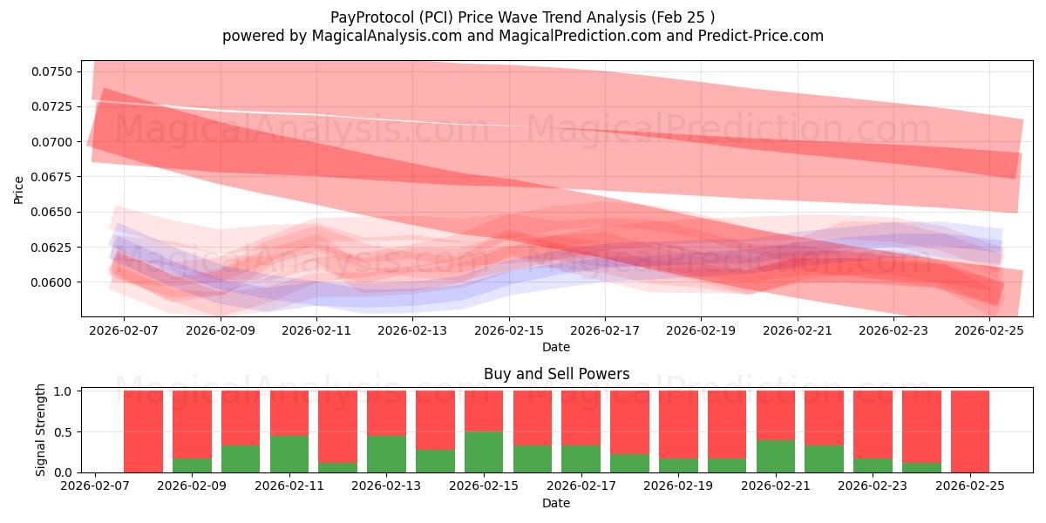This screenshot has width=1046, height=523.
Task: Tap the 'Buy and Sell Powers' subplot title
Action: point(556,375)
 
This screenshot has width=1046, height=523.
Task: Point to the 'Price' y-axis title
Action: point(19,189)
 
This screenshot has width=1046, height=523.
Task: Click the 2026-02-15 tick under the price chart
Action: point(509,331)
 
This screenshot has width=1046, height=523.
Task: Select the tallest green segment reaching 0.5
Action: point(484,452)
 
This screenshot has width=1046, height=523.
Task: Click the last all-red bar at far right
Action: point(970,431)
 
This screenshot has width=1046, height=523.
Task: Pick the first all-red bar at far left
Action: point(143,431)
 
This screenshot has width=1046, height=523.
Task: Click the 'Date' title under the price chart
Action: point(556,347)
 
